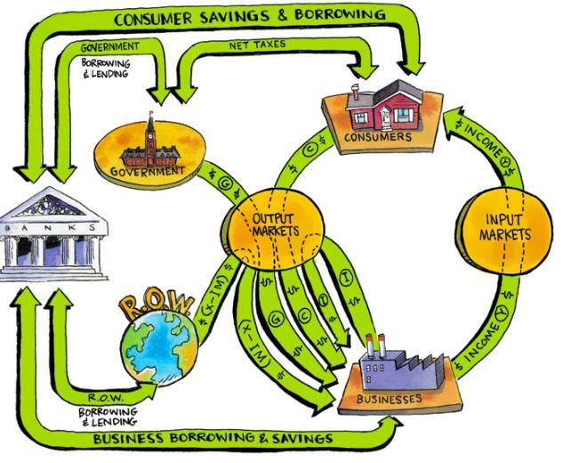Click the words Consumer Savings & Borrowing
coord(249,15)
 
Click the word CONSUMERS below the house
coord(381,138)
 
